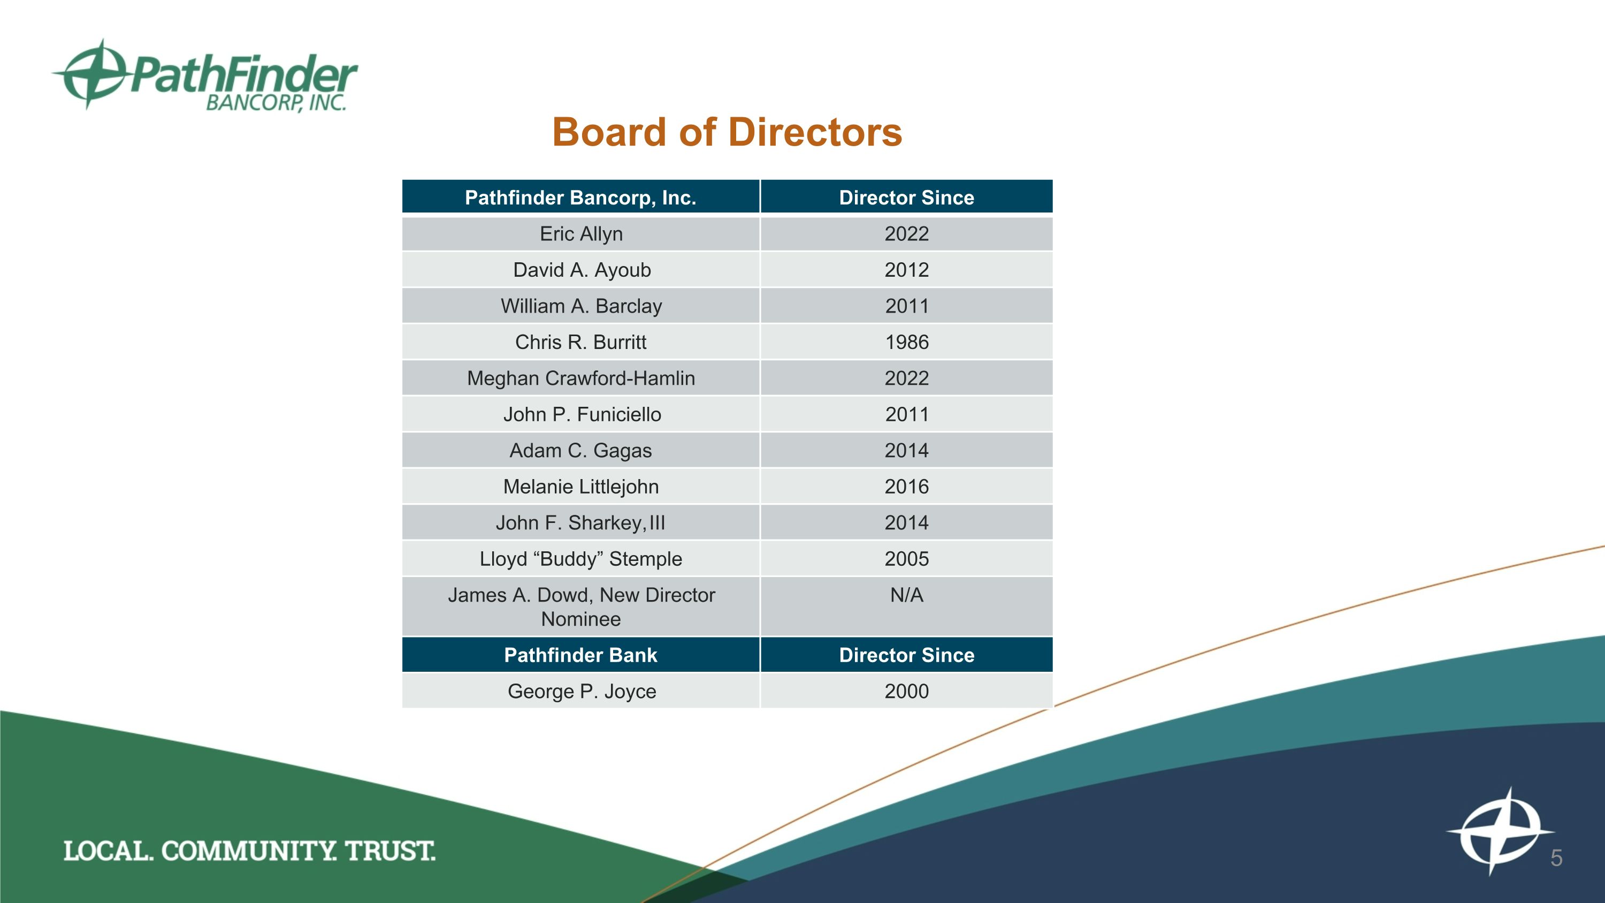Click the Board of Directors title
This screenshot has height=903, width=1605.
tap(727, 132)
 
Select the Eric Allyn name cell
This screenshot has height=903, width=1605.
tap(580, 234)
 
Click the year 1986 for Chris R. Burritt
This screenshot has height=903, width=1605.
tap(906, 342)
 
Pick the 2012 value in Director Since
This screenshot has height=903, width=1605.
tap(906, 270)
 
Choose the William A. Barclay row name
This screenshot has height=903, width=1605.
tap(580, 306)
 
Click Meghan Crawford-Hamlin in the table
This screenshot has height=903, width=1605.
tap(580, 378)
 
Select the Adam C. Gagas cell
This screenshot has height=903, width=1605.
tap(580, 451)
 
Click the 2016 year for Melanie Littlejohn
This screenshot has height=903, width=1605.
tap(906, 487)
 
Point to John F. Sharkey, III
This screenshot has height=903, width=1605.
tap(580, 523)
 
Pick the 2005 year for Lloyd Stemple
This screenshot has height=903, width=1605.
tap(906, 559)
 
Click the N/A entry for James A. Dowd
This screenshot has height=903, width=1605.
tap(906, 595)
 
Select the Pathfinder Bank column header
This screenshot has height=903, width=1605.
tap(580, 655)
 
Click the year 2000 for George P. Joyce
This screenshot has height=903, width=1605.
tap(906, 691)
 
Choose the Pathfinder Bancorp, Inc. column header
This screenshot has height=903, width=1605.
tap(580, 198)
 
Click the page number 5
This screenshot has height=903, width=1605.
tap(1556, 858)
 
